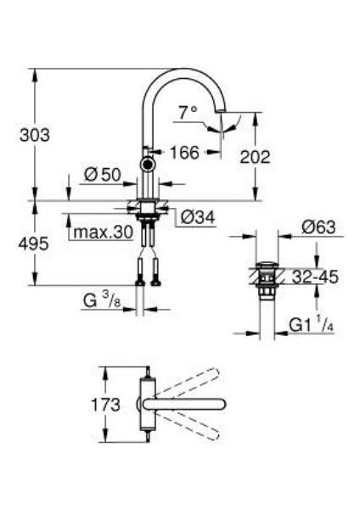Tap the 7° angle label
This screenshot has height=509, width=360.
coord(188,111)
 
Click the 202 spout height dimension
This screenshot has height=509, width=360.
coord(256,156)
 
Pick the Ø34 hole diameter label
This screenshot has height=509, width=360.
coord(198,218)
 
